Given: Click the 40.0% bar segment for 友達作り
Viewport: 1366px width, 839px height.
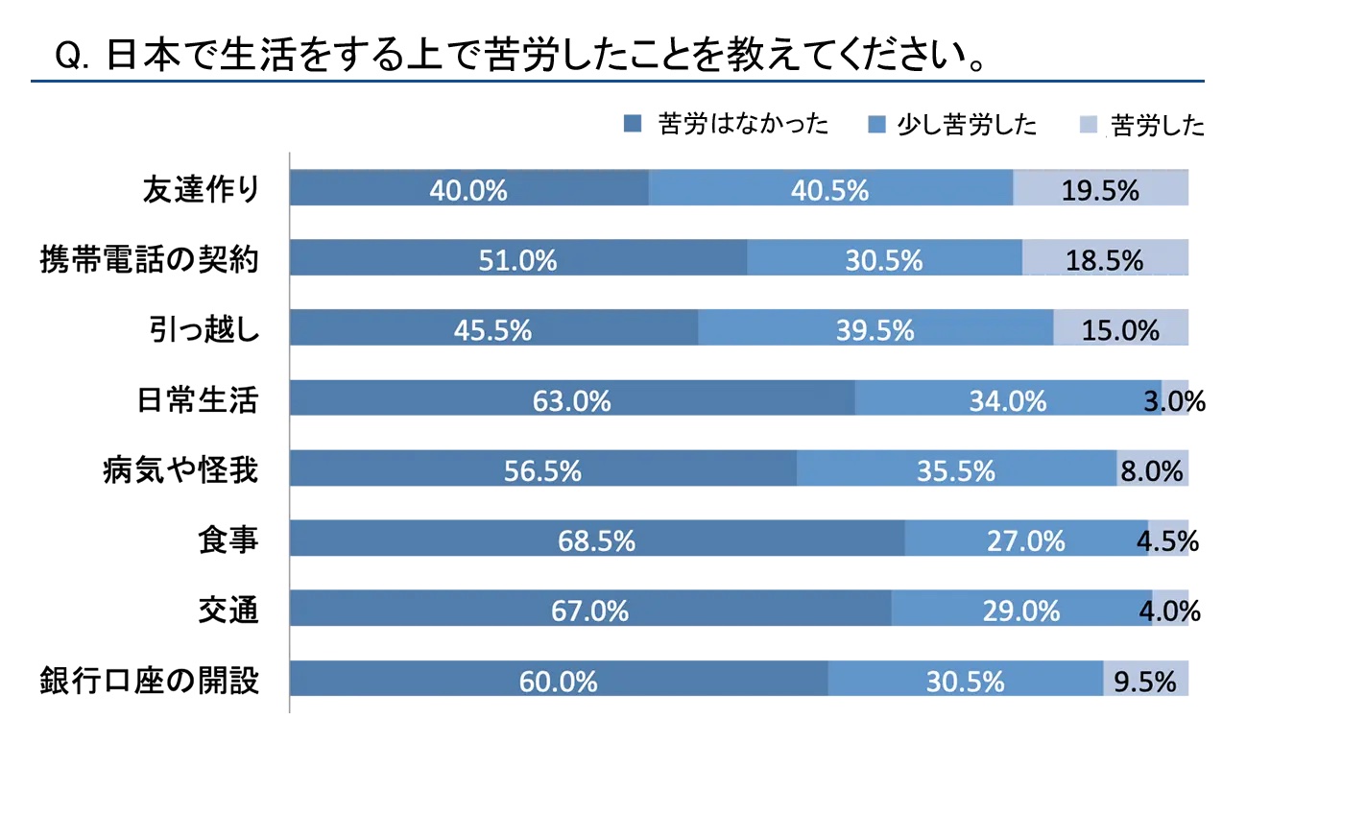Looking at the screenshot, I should tap(468, 188).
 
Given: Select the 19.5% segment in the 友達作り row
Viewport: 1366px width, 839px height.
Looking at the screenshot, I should tap(1100, 188).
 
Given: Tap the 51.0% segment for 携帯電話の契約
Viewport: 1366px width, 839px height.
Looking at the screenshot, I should tap(518, 258).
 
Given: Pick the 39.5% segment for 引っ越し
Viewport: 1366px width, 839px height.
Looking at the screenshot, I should tap(875, 328).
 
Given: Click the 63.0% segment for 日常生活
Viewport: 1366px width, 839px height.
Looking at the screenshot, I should tap(572, 398).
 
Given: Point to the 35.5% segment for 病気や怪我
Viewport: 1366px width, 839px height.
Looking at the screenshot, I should tap(956, 468).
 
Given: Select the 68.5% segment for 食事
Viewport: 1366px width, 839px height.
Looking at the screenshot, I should tap(597, 539).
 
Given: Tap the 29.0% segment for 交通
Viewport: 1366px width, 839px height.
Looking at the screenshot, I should tap(1021, 609).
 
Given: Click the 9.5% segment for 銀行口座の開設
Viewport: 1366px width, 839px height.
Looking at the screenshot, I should tap(1145, 680).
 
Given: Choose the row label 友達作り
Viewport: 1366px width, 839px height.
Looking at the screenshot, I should tap(202, 189).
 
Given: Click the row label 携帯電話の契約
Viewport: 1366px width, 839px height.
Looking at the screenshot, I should tap(150, 259).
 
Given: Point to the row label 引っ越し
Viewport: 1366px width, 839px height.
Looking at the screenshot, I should tap(204, 329).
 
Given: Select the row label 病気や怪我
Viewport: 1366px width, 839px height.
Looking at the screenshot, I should tap(180, 469).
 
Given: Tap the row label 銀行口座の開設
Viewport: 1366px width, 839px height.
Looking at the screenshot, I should tap(150, 681).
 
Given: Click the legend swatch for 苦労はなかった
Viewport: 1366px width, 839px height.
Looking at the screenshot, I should tap(633, 124).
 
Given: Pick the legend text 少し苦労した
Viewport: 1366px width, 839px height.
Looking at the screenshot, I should tap(967, 125).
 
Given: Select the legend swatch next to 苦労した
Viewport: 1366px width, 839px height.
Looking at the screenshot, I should tap(1088, 125).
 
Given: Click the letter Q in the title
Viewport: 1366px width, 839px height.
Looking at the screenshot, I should tap(67, 56).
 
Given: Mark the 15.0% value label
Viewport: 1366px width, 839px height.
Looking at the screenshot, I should tap(1120, 330).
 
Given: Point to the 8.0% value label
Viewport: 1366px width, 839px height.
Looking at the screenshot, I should tap(1152, 470).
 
